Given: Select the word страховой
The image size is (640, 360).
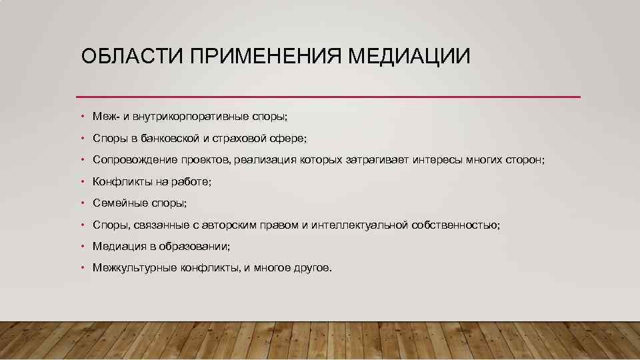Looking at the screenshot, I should [242, 139].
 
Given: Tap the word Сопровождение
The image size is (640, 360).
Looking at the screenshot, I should [135, 160].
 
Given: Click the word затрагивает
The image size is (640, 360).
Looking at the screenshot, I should [378, 160].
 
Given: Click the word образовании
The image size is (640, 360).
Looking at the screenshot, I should [195, 247].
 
